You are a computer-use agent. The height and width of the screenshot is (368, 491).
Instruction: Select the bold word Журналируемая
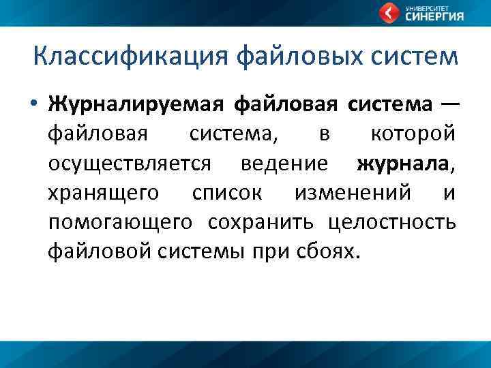point(136,105)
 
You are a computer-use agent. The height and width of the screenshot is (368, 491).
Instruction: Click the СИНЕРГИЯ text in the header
point(435,17)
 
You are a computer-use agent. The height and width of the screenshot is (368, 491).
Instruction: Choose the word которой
point(413,135)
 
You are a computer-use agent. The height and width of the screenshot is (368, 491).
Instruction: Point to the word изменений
point(353,194)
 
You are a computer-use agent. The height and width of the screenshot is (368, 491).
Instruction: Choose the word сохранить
point(261,223)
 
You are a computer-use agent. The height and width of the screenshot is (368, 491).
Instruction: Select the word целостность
point(391,223)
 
